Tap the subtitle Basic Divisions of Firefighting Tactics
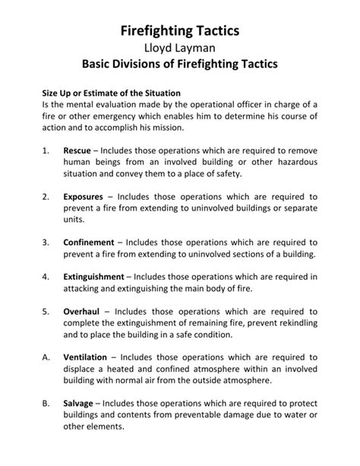pyautogui.click(x=180, y=67)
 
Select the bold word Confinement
pyautogui.click(x=90, y=243)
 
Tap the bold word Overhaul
pyautogui.click(x=81, y=312)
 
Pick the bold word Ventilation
pyautogui.click(x=86, y=358)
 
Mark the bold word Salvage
pyautogui.click(x=79, y=404)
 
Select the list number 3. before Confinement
pyautogui.click(x=46, y=243)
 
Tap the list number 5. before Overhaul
pyautogui.click(x=46, y=312)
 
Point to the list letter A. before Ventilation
pyautogui.click(x=46, y=358)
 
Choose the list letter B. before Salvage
pyautogui.click(x=46, y=404)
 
